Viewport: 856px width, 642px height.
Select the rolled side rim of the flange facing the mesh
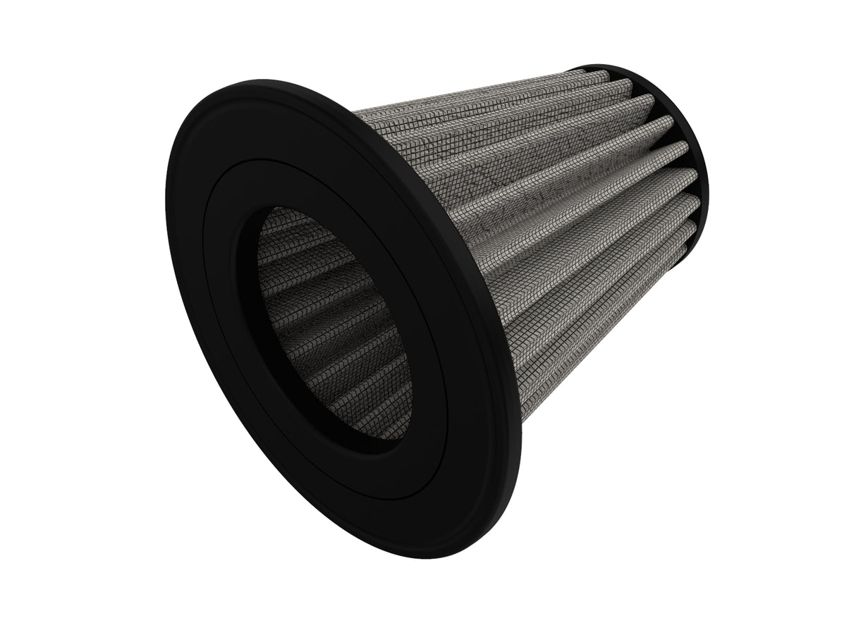point(494,352)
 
